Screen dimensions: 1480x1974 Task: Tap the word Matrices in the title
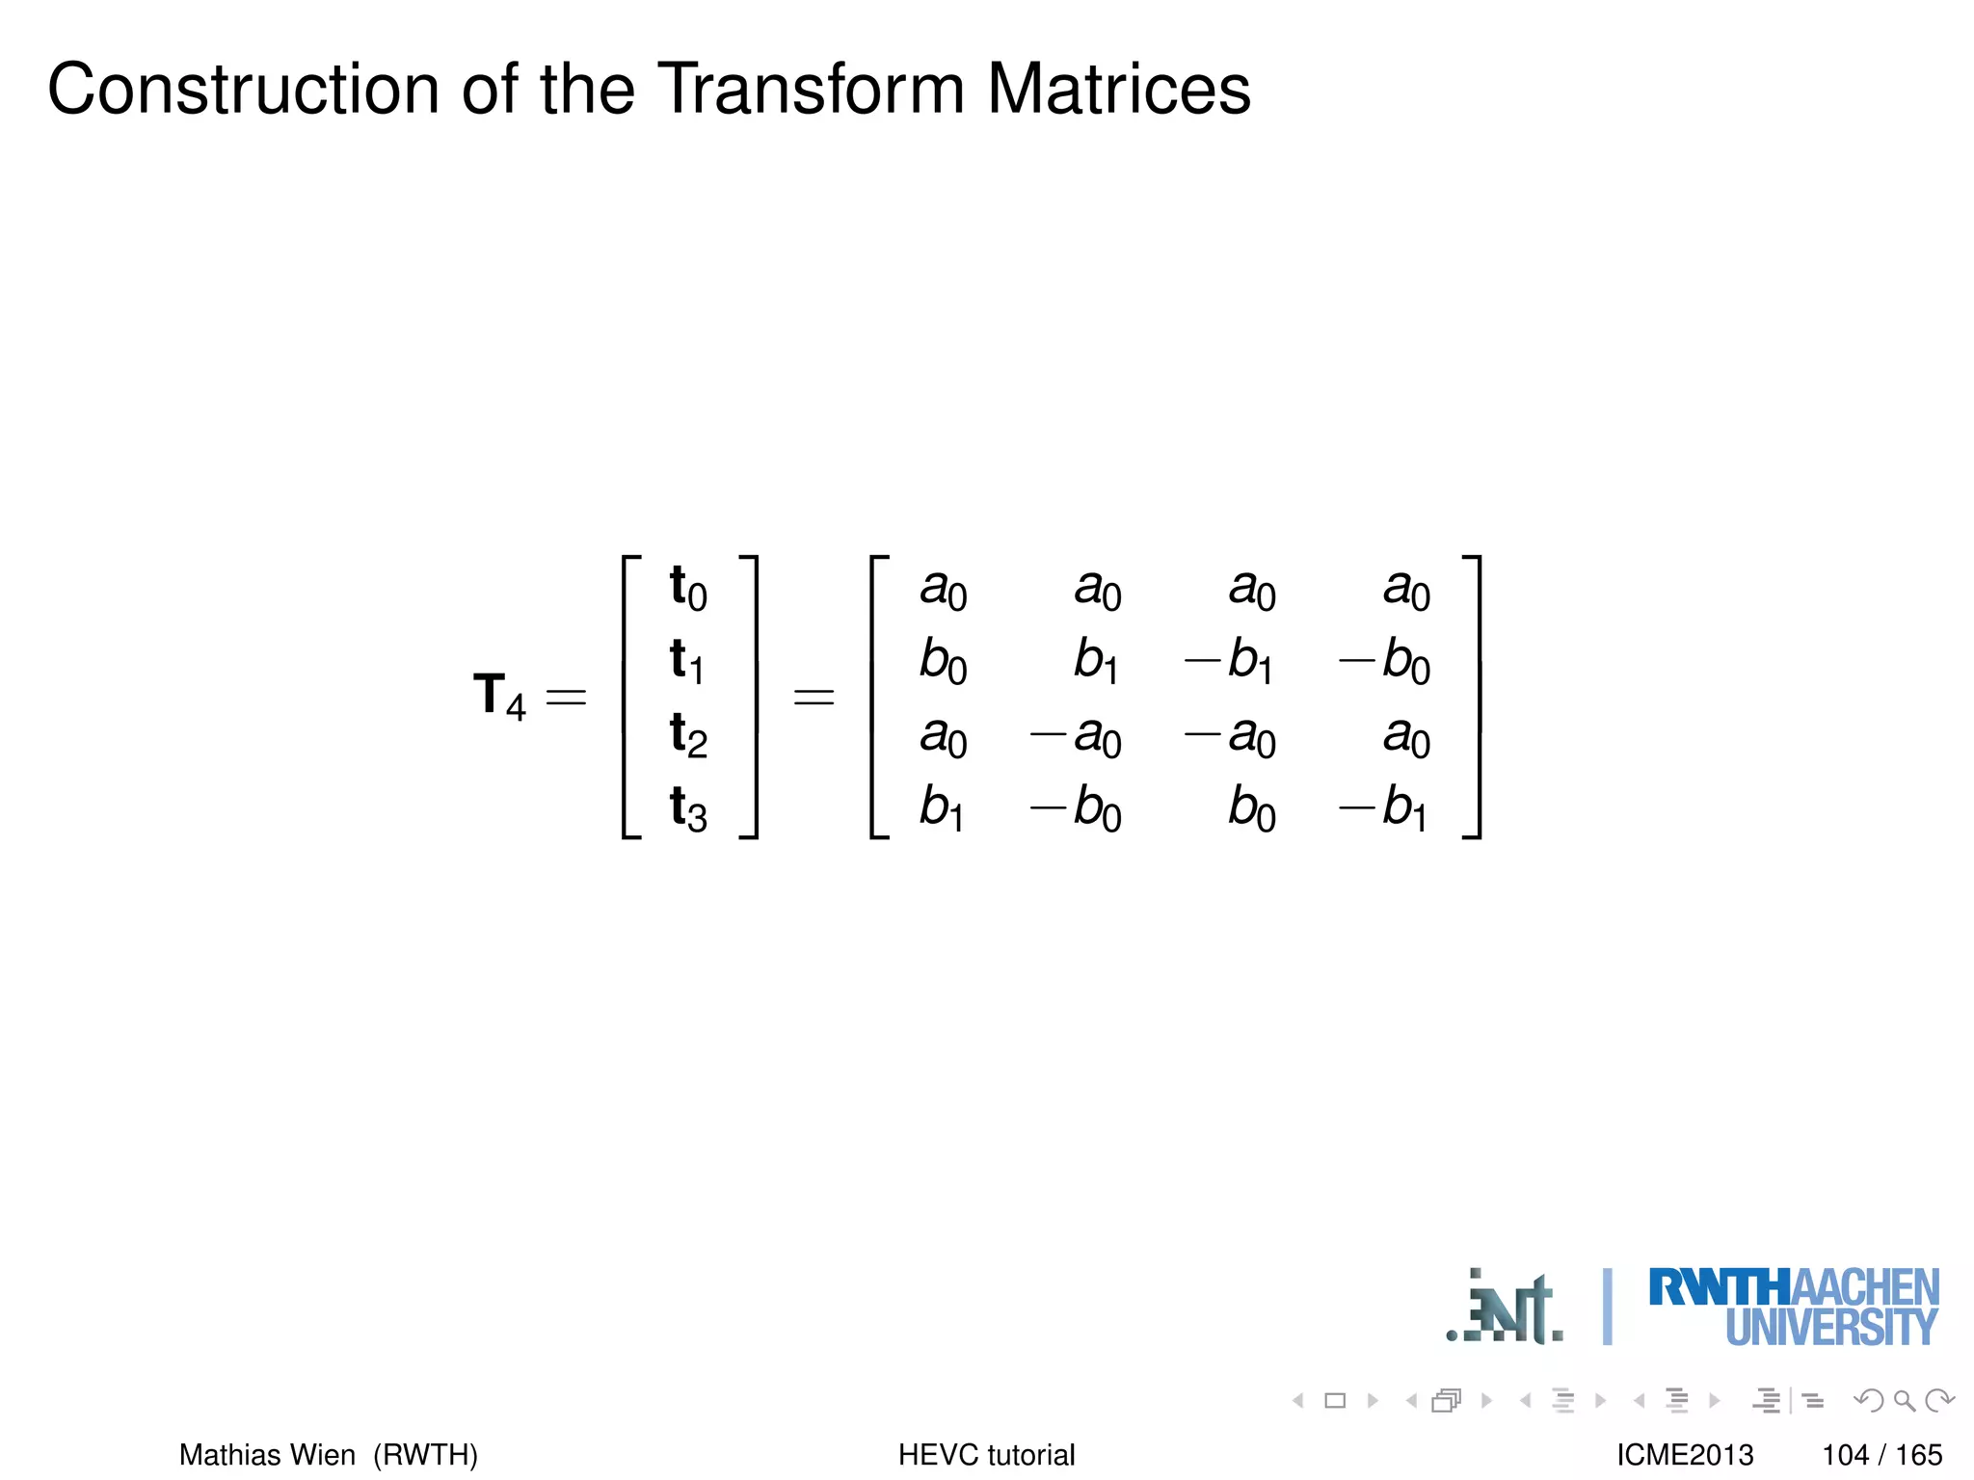pyautogui.click(x=1118, y=89)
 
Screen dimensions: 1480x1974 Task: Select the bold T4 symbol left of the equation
pyautogui.click(x=498, y=696)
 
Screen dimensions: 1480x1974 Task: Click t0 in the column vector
pyautogui.click(x=688, y=588)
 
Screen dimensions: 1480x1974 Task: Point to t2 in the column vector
pyautogui.click(x=688, y=734)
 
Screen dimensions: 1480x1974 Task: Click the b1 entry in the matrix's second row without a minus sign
pyautogui.click(x=1096, y=661)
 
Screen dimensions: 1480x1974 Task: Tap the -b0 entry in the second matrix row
pyautogui.click(x=1385, y=661)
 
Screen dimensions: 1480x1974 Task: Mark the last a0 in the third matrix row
pyautogui.click(x=1406, y=736)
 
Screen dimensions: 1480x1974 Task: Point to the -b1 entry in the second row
pyautogui.click(x=1230, y=661)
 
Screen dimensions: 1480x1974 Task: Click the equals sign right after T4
pyautogui.click(x=566, y=697)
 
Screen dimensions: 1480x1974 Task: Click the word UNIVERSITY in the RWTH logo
pyautogui.click(x=1830, y=1329)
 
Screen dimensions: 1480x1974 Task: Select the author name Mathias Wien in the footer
pyautogui.click(x=267, y=1454)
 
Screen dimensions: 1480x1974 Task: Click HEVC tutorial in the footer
pyautogui.click(x=986, y=1454)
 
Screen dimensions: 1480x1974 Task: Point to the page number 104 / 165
pyautogui.click(x=1881, y=1454)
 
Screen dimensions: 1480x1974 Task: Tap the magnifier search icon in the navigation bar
pyautogui.click(x=1904, y=1400)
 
